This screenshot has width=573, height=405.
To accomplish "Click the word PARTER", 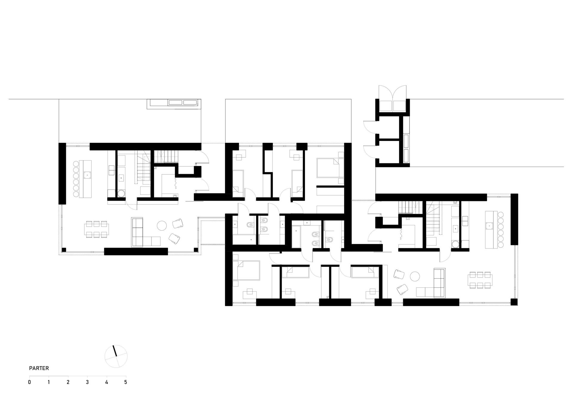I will pos(39,368).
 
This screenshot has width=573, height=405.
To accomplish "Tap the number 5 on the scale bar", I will pos(126,382).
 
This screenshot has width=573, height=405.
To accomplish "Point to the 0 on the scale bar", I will pos(29,382).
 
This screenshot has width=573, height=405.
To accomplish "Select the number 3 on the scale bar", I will pos(87,382).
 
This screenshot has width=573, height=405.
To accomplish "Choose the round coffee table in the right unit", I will pos(415,276).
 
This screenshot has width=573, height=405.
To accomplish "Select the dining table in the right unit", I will pos(480,280).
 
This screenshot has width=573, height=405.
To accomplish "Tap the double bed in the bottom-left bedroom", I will pos(248,270).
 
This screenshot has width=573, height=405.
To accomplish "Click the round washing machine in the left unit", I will pos(121,193).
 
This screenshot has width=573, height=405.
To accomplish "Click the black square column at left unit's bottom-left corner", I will pos(64,250).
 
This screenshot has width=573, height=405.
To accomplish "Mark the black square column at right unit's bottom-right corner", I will pos(514,302).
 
